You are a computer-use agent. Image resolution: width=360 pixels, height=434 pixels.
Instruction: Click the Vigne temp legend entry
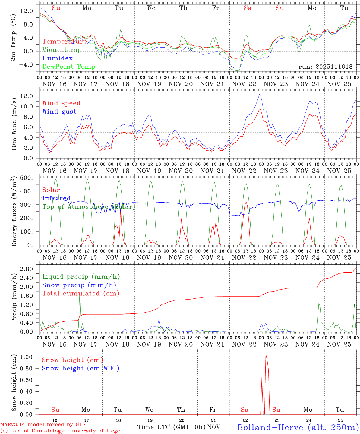coord(62,50)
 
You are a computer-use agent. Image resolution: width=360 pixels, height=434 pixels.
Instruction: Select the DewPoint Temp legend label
coord(69,67)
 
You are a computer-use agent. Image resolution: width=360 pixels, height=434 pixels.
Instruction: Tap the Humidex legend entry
coord(57,58)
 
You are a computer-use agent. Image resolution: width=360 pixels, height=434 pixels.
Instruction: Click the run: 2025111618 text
coord(325,67)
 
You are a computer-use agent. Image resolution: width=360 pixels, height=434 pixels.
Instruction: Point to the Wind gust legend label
coord(59,112)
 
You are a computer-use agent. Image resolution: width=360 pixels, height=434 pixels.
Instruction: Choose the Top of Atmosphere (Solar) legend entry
coord(89,207)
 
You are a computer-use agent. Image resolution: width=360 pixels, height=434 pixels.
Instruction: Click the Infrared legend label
coord(56,198)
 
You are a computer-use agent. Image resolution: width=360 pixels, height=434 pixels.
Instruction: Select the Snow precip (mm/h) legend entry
coord(79,285)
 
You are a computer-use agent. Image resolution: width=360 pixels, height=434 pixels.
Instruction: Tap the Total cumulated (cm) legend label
coord(81,293)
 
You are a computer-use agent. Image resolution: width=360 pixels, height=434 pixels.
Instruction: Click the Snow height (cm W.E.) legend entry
coord(81,368)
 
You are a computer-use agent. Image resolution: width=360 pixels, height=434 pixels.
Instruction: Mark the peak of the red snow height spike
coord(266,354)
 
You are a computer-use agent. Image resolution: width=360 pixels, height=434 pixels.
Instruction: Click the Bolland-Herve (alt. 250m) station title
coord(298,427)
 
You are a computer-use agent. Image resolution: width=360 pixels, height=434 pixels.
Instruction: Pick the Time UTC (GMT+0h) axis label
coord(171,427)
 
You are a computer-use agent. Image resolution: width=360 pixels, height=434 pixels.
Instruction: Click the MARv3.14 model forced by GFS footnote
coord(43,425)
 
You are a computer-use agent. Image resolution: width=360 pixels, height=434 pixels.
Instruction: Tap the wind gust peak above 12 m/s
coord(260,95)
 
